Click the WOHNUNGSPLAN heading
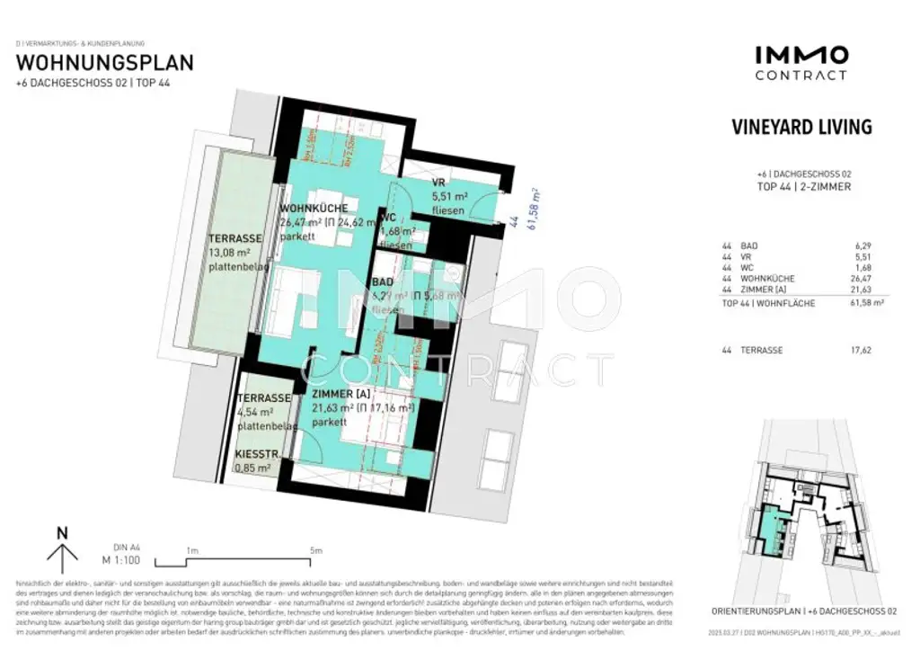(x=105, y=63)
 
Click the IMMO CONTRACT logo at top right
(x=801, y=63)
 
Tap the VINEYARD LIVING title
(x=801, y=127)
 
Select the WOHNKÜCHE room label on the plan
(x=314, y=208)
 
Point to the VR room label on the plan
(x=439, y=183)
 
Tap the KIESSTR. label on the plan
(x=257, y=455)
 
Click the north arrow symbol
(x=62, y=548)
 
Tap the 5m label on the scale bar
(x=315, y=549)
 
